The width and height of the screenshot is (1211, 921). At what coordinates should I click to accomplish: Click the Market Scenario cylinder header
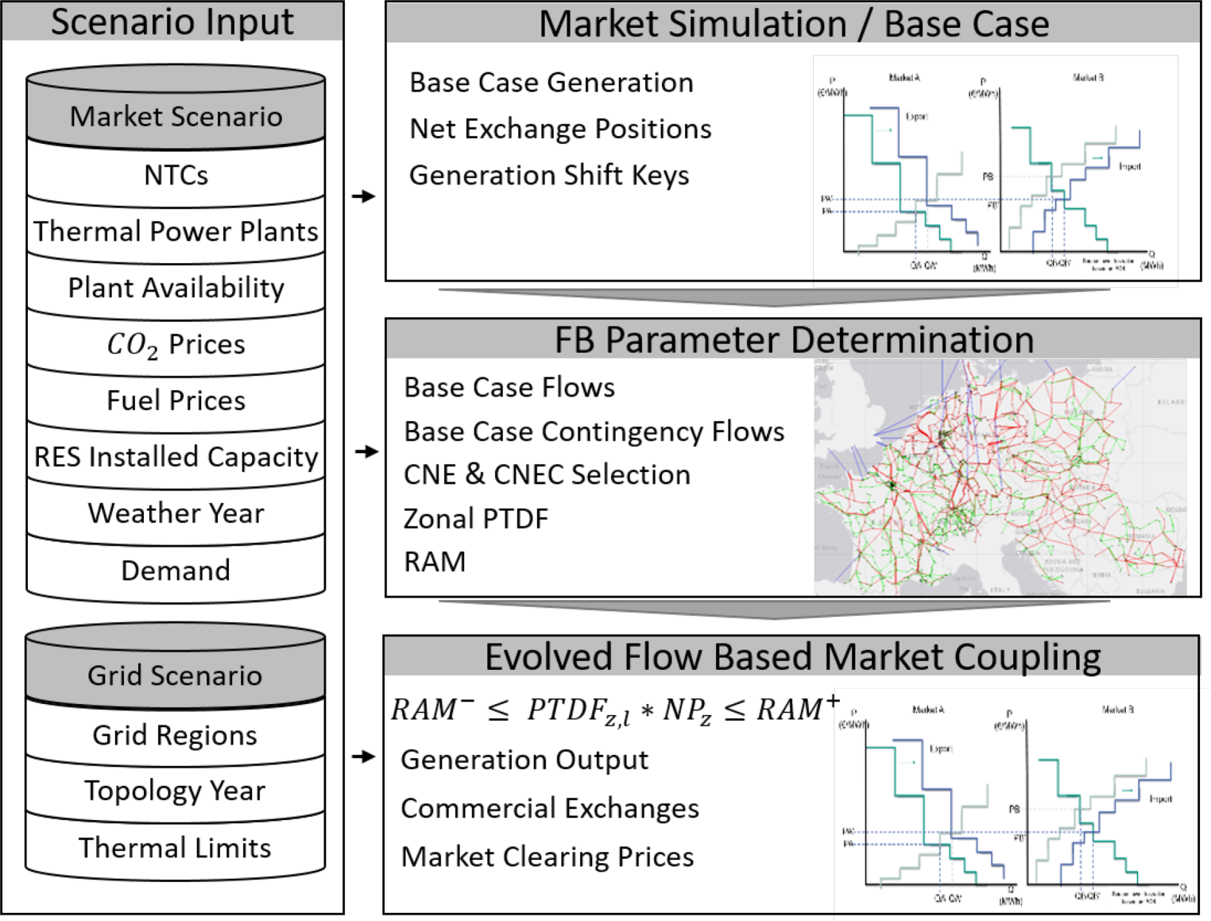tap(176, 117)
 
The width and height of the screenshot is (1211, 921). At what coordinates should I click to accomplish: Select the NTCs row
tap(176, 175)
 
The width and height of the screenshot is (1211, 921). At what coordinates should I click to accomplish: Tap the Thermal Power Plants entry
tap(176, 231)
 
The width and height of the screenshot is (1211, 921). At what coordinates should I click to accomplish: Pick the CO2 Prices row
tap(176, 344)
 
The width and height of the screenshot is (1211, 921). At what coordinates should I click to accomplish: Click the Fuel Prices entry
tap(176, 401)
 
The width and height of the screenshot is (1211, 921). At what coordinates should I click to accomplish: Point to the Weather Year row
tap(176, 513)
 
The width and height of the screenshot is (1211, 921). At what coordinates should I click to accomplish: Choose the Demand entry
tap(176, 571)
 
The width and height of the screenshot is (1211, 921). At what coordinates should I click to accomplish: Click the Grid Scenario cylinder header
tap(175, 675)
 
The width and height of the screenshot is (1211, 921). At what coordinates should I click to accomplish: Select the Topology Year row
tap(175, 791)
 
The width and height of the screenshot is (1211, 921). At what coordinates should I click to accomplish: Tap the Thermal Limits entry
tap(175, 848)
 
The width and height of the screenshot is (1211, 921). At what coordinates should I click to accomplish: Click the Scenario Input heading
tap(172, 22)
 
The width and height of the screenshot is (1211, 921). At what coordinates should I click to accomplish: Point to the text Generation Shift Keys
tap(549, 176)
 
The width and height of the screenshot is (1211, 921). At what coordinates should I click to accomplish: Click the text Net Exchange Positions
tap(560, 129)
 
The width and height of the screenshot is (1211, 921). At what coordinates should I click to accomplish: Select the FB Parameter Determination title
tap(794, 340)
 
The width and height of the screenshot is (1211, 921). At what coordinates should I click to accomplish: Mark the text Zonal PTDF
tap(476, 519)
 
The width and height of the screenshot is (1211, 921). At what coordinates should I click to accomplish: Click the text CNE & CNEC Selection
tap(547, 474)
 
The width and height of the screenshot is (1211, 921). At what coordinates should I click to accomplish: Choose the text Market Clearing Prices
tap(547, 857)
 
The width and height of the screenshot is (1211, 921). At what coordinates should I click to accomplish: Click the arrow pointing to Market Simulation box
tap(364, 196)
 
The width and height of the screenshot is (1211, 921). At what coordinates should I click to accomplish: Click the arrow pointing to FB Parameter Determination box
tap(366, 451)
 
